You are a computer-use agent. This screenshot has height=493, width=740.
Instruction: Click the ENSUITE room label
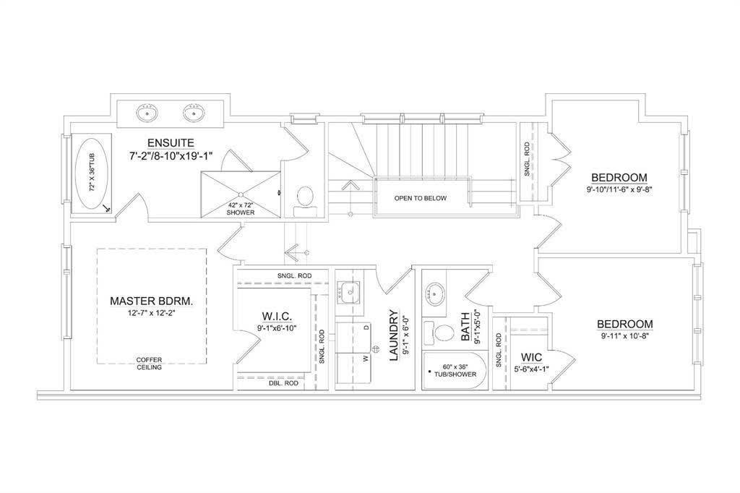click(171, 142)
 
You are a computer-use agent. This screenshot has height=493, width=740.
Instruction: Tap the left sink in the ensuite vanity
click(147, 113)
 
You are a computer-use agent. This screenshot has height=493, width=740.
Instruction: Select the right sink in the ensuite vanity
click(194, 113)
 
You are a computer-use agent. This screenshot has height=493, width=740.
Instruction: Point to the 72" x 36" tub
click(92, 174)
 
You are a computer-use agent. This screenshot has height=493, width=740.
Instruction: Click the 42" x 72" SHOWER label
click(241, 209)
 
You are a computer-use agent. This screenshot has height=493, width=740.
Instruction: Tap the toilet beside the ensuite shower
click(305, 202)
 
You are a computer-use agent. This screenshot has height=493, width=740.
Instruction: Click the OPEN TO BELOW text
click(421, 198)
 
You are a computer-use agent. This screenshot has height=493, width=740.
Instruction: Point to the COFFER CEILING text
click(149, 364)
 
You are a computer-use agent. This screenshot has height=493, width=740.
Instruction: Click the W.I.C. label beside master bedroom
click(277, 316)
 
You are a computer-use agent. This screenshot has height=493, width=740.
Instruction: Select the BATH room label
click(465, 326)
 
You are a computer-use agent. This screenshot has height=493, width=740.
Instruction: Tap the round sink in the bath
click(434, 293)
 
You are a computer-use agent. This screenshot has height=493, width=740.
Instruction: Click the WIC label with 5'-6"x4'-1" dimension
click(531, 358)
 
